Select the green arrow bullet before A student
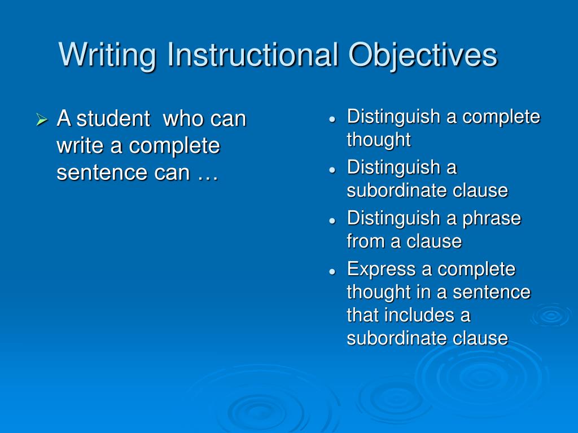(41, 120)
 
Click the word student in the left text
(113, 120)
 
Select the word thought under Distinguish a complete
(379, 140)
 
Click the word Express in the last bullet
(382, 269)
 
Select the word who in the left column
(183, 120)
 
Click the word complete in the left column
(173, 146)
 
